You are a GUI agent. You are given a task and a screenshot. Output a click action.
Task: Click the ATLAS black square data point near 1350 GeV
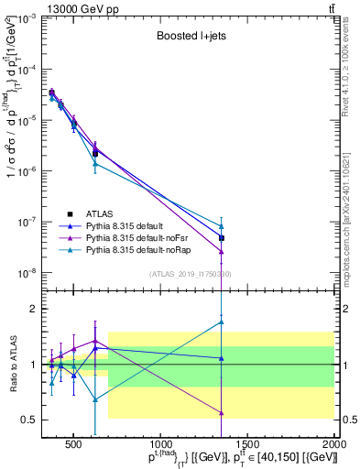222,238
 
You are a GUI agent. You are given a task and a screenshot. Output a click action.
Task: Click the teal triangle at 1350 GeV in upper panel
222,226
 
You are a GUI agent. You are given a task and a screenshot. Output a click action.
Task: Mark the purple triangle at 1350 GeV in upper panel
222,252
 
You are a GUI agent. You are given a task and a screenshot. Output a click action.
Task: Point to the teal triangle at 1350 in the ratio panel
222,322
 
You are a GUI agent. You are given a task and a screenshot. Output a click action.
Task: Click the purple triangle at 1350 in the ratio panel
222,412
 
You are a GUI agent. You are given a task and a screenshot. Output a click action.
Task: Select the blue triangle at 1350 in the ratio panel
222,358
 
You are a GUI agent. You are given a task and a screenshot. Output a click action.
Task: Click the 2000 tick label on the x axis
333,444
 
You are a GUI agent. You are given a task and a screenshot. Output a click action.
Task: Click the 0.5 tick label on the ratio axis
31,420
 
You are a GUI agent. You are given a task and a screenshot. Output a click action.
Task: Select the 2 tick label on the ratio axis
35,309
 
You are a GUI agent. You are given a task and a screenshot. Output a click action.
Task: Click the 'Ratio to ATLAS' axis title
11,364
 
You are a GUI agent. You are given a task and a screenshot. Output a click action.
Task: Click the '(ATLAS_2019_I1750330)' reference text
191,274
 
